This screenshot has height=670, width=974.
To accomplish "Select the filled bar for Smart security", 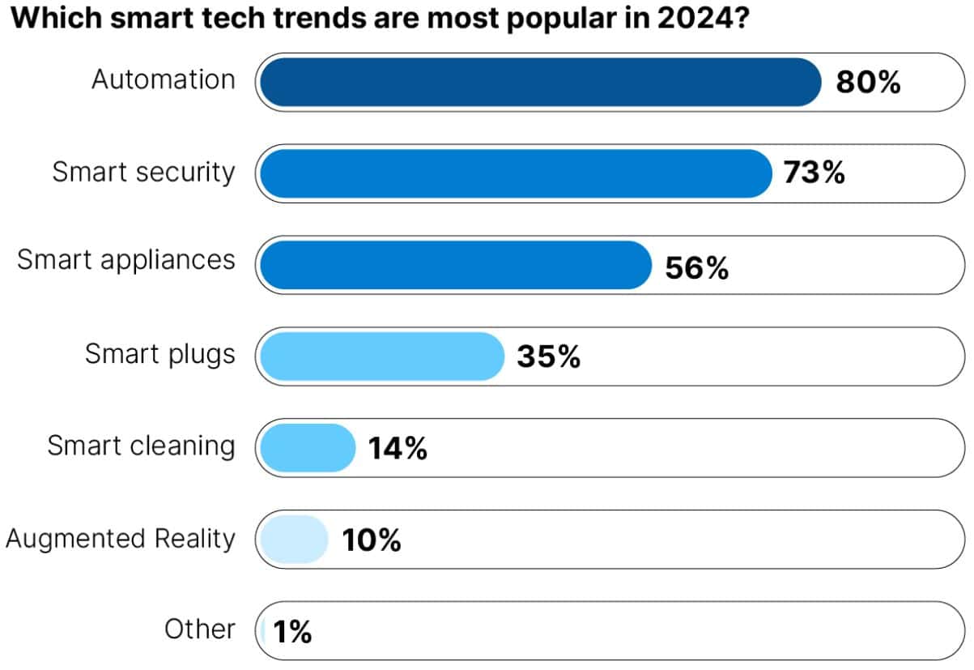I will coord(516,173).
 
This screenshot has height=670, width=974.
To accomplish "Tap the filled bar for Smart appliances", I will coord(456,265).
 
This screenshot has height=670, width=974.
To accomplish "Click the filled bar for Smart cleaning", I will coord(308,448).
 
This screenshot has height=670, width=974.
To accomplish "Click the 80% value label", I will coord(868,83).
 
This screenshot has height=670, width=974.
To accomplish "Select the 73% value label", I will coord(814,173).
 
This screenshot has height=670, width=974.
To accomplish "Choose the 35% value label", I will coord(548,357).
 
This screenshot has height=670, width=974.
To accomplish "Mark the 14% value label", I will coord(398,449).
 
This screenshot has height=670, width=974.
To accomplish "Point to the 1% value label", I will coord(292,632).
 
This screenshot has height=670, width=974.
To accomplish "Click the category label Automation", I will coord(164,79).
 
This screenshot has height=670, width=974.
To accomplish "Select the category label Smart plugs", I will coord(160,354).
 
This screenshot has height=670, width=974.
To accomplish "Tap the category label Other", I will coord(200,629).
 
